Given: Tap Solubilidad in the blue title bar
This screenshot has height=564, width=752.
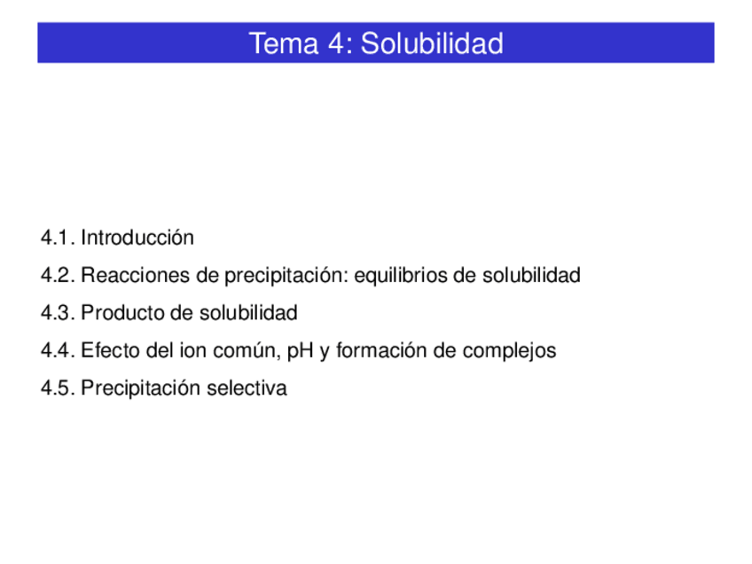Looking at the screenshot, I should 432,43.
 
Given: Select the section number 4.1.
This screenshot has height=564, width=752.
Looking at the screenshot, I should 57,238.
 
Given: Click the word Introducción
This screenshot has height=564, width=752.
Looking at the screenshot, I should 137,238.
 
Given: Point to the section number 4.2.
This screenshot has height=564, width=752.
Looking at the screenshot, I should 57,276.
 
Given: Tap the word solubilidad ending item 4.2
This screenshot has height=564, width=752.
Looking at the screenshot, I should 531,276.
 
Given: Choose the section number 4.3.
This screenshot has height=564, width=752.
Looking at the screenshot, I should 57,313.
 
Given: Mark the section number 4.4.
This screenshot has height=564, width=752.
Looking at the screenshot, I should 57,350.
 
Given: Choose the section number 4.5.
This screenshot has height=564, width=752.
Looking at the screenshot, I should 57,388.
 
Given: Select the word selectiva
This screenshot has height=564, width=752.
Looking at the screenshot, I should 247,388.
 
